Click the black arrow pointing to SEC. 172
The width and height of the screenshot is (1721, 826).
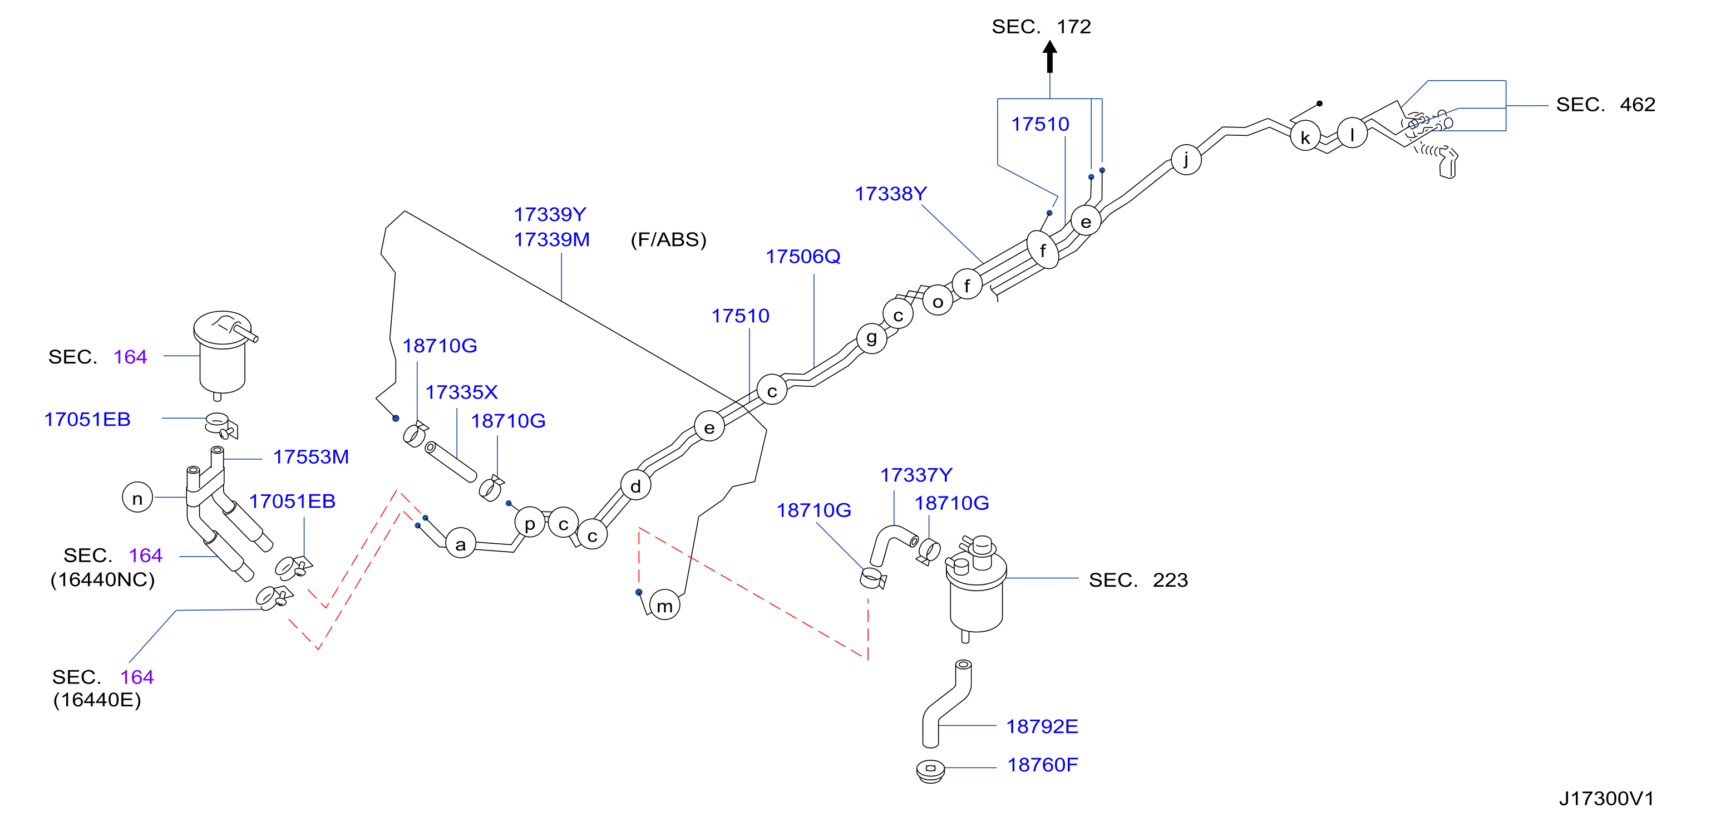coord(1049,57)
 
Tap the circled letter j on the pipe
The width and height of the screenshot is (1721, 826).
coord(1186,160)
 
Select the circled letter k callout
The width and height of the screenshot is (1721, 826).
coord(1305,137)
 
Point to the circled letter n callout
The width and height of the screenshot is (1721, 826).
coord(137,497)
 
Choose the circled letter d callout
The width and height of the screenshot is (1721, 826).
coord(635,485)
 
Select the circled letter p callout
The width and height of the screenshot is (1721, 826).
coord(530,523)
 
